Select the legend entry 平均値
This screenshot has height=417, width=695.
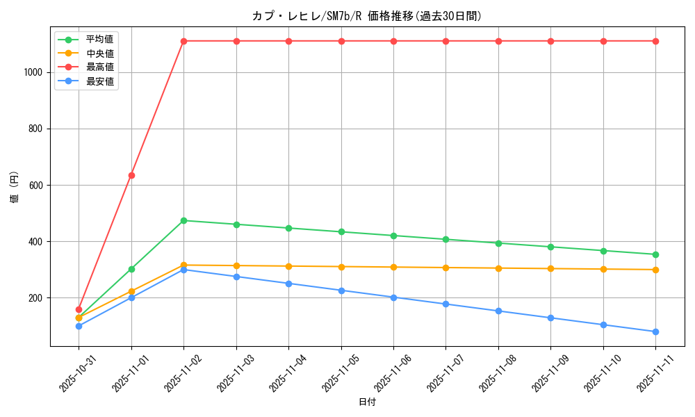tap(99, 40)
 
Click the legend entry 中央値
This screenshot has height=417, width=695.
tap(99, 54)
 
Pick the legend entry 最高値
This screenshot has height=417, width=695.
tap(99, 67)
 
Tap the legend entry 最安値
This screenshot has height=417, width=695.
tap(99, 81)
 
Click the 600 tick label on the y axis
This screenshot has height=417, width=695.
tap(36, 186)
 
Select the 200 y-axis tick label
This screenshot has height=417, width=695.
tap(36, 298)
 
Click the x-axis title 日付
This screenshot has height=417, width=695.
tap(367, 402)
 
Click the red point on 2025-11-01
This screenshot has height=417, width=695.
tap(131, 175)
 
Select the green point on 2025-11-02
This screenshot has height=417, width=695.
tap(183, 220)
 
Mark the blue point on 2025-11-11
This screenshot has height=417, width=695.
tap(655, 332)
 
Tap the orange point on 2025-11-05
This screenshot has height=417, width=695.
tap(341, 267)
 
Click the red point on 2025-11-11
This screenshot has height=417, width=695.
tap(655, 41)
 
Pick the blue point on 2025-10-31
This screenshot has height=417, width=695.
tap(79, 326)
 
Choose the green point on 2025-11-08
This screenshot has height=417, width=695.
tap(498, 243)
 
